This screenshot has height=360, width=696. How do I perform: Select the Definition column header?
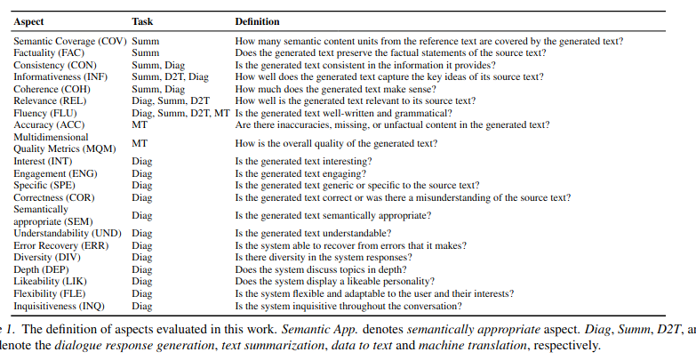coord(257,21)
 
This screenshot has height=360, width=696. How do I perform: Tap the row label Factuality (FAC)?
coord(50,52)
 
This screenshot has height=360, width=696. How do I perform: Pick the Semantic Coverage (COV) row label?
coord(70,41)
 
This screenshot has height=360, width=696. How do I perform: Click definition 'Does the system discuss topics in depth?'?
coord(321,268)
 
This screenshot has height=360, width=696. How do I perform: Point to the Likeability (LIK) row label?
coord(50,281)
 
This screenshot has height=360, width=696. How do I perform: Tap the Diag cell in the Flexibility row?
coord(142,292)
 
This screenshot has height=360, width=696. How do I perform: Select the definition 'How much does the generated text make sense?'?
coord(334,88)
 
